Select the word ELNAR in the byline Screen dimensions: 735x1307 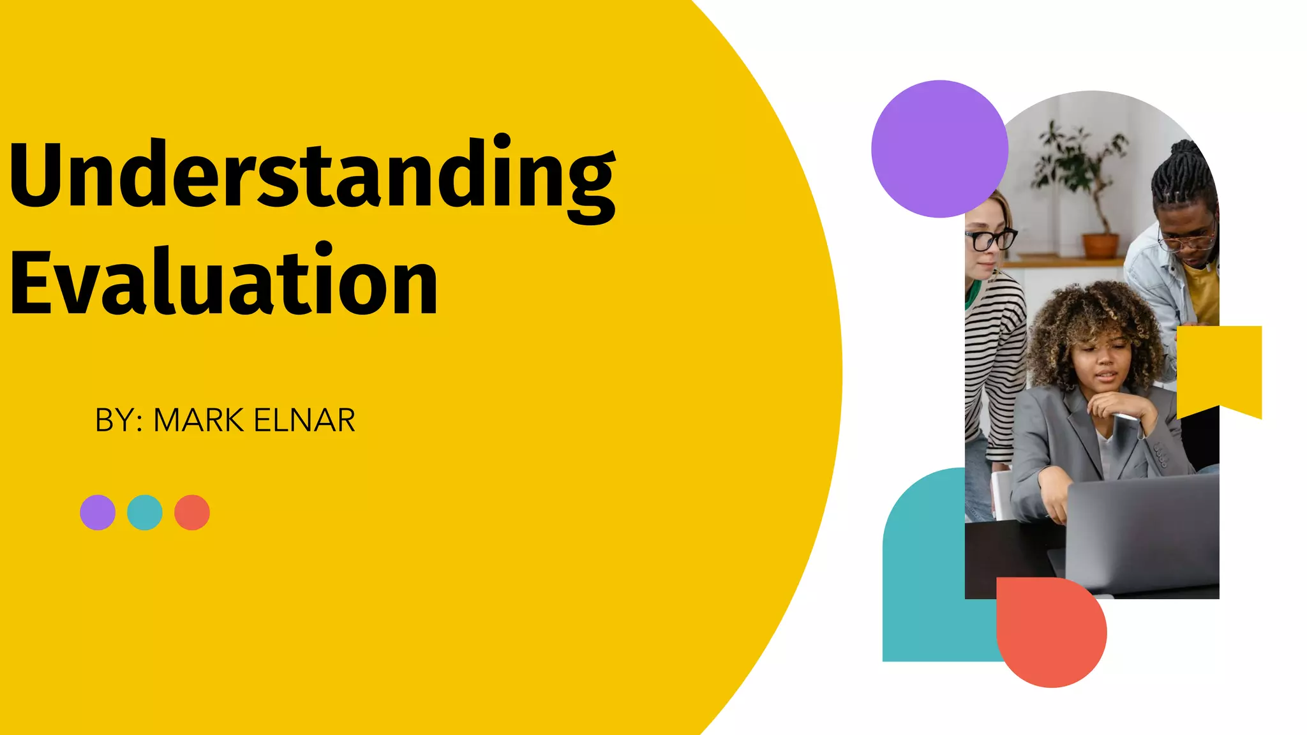304,420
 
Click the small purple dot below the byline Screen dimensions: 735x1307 98,512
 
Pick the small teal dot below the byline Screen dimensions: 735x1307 145,512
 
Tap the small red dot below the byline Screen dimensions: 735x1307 192,512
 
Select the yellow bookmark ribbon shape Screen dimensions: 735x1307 1219,367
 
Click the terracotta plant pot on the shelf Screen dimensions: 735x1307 1100,246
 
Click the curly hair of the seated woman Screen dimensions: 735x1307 1085,319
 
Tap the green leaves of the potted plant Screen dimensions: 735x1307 1079,160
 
